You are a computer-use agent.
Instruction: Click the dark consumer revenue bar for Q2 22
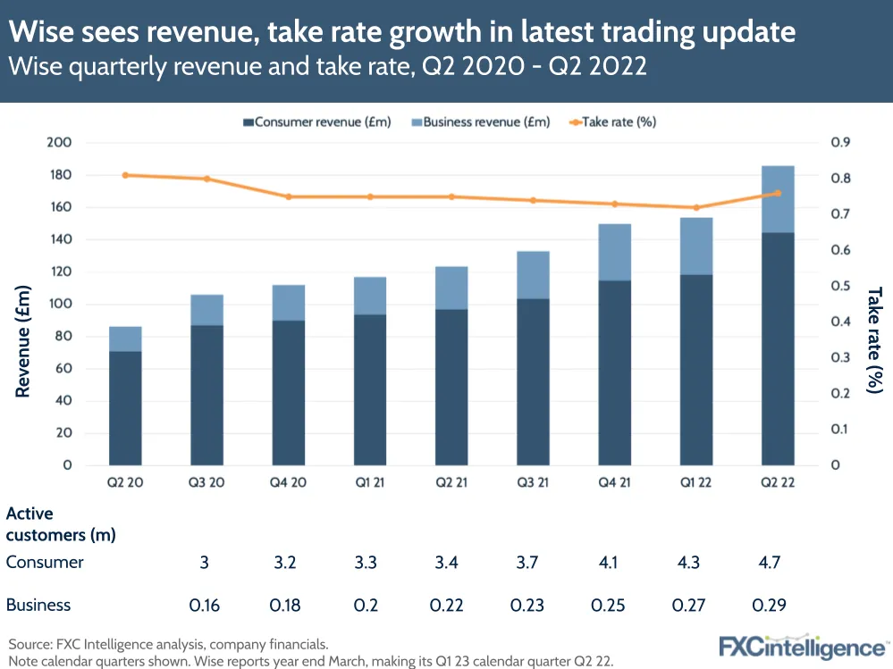point(778,348)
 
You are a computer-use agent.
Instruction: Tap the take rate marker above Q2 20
point(126,175)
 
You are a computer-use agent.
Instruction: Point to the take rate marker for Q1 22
point(696,207)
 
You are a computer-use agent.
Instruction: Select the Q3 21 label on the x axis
point(534,483)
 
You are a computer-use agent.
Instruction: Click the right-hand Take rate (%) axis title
point(874,339)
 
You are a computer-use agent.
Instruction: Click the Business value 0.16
point(206,605)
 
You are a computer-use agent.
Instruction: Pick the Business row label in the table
point(38,605)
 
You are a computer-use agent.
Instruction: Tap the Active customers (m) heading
point(61,524)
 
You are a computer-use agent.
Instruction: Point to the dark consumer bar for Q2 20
point(126,407)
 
